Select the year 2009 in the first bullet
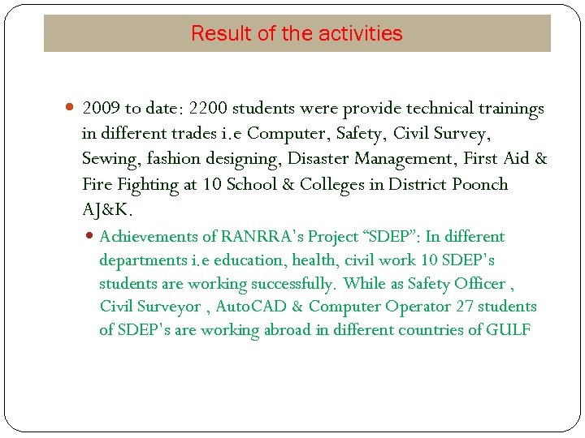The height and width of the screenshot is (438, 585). coord(101,109)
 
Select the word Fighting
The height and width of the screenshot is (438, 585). coord(149,184)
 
